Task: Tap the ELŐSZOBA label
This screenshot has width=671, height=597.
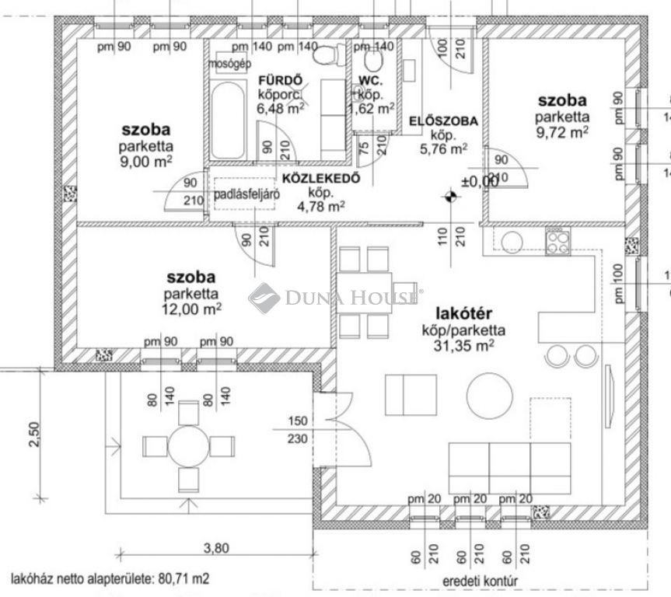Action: [x=442, y=120]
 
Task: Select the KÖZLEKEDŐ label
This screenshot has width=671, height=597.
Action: [x=321, y=178]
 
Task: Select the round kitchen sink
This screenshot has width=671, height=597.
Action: [x=513, y=242]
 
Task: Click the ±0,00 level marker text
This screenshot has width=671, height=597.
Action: [x=480, y=181]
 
